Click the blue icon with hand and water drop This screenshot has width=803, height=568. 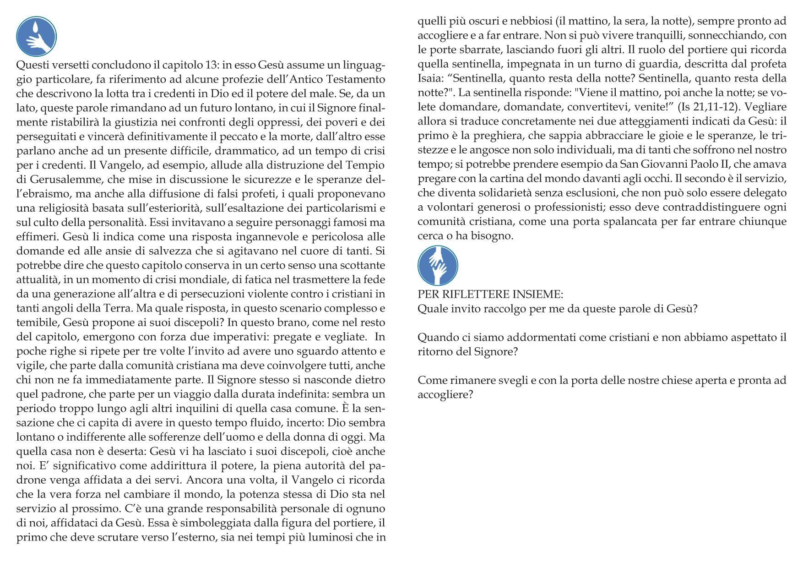coord(36,37)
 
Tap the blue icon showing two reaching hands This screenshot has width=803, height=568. coord(438,266)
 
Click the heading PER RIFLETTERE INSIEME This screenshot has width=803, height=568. coord(490,294)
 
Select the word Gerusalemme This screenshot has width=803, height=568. coord(62,180)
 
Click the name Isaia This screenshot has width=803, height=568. coord(429,78)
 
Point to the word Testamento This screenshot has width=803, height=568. coord(357,79)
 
